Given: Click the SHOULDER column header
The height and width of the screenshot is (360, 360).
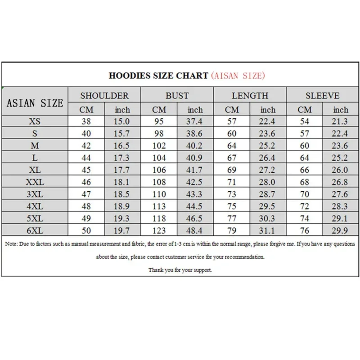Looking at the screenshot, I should coord(104,95).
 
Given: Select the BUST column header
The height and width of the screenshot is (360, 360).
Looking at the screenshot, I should coord(177,95).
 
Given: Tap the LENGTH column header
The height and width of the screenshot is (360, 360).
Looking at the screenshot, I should coord(250,95).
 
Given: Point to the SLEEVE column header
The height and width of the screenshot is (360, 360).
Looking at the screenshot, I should coord(322,95).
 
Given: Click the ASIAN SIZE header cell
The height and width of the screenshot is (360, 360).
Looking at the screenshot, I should coord(35,103).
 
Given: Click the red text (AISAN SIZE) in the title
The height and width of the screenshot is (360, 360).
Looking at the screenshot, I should coord(238,75).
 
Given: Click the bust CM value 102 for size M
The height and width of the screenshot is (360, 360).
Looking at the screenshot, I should coord(159,145).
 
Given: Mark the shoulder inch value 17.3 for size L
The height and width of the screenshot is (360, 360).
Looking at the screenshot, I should coord(122,157).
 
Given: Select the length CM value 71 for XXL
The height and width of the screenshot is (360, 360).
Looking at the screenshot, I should coord(232,182).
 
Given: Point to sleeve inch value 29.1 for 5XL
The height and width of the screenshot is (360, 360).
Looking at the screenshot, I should coord(340,219).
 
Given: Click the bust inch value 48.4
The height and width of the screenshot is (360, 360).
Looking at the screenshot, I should coord(195,231).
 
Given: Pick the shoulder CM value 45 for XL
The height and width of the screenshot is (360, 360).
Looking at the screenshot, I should coord(86,170).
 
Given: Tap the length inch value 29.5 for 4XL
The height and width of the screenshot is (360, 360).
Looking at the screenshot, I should coord(268,207).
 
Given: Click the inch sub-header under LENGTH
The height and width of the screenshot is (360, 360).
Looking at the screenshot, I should coord(268,109).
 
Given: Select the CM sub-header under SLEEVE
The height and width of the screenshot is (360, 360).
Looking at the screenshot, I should coord(305,109).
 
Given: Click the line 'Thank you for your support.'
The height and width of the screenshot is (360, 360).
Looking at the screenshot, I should coord(180,270).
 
